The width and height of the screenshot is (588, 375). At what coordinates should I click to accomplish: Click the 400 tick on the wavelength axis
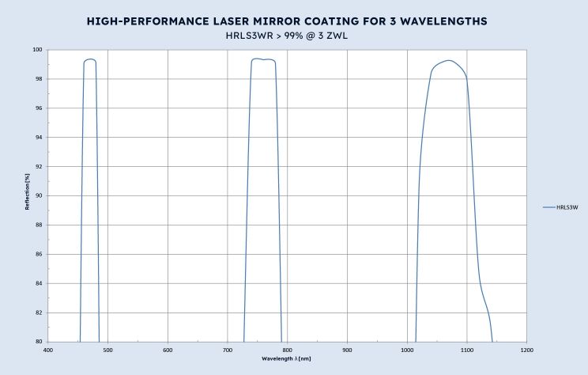click(48, 349)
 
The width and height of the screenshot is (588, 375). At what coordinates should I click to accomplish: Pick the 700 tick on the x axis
click(228, 349)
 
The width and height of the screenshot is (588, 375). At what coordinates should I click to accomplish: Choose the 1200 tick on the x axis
click(526, 349)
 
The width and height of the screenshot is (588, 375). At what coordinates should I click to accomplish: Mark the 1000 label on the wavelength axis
click(407, 349)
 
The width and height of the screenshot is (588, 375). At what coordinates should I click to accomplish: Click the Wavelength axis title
click(287, 358)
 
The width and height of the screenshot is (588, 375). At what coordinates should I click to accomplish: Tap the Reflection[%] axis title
click(28, 195)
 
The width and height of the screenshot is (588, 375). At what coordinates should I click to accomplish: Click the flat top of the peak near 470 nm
click(89, 59)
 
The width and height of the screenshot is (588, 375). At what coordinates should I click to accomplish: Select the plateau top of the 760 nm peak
click(264, 59)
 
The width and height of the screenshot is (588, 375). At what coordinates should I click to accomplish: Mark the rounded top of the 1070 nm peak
click(449, 60)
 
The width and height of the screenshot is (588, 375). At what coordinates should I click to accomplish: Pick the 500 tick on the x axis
click(108, 349)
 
